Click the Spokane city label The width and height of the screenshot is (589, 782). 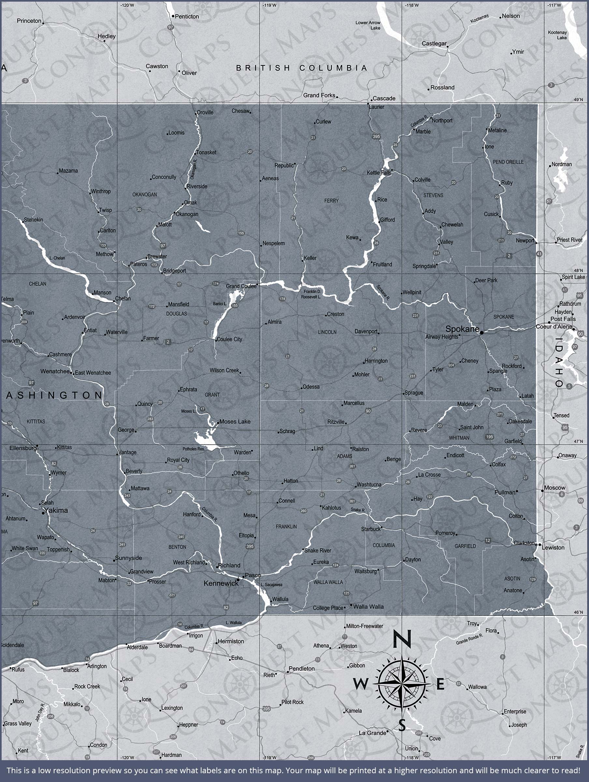click(x=462, y=329)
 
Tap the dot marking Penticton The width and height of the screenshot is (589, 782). click(x=173, y=16)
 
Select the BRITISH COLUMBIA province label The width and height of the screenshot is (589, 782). click(x=302, y=68)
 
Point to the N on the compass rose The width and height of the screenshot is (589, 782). click(x=402, y=639)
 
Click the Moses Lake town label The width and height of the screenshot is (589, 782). click(x=235, y=421)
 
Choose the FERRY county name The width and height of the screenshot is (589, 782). click(x=331, y=200)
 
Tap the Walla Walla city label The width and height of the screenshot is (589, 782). click(x=368, y=607)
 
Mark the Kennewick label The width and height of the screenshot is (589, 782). click(x=221, y=583)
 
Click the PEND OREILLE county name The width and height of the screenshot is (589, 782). click(x=508, y=162)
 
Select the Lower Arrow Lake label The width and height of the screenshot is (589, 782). click(x=368, y=25)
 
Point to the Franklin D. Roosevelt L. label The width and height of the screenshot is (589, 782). click(x=311, y=294)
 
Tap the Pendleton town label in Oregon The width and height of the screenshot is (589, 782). click(x=302, y=669)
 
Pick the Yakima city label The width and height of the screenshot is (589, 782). click(x=56, y=510)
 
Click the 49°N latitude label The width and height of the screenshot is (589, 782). click(x=578, y=100)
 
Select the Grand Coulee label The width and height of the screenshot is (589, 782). click(x=241, y=286)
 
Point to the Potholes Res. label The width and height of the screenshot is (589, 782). click(x=194, y=449)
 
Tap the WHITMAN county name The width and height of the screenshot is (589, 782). click(x=459, y=438)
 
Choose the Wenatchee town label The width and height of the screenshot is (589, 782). click(x=55, y=371)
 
